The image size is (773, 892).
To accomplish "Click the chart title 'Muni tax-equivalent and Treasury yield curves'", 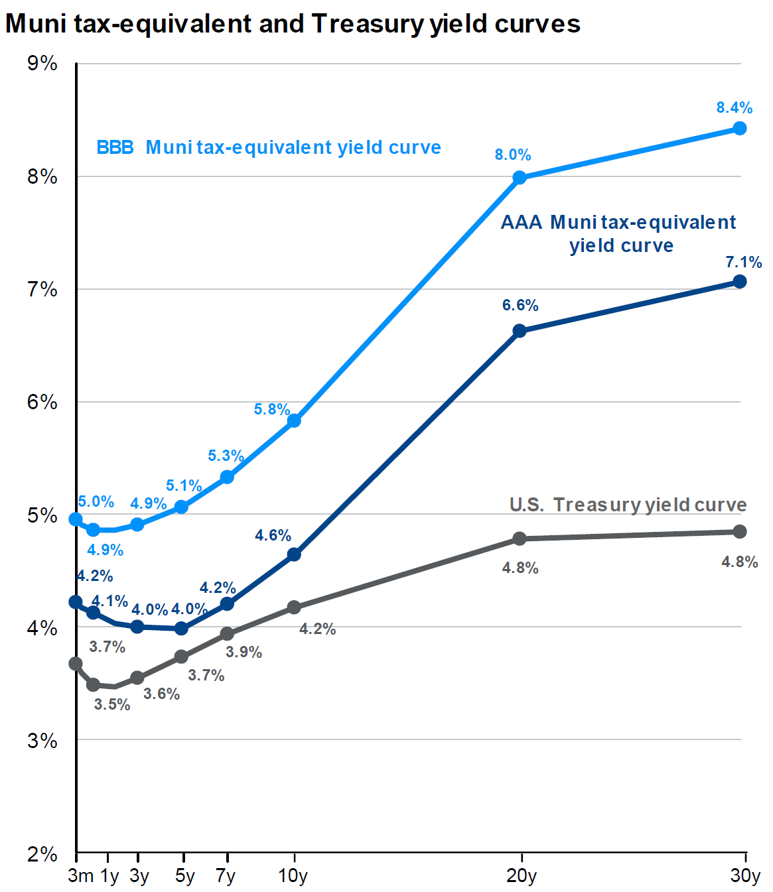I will point(293,24).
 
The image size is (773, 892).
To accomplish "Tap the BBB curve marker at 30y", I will point(739,128).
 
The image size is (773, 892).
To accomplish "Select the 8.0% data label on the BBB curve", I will point(513,155).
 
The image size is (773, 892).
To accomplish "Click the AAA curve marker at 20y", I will point(520,330).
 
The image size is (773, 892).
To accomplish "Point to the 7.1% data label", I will point(743,262).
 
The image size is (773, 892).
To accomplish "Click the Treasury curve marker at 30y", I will point(740,531).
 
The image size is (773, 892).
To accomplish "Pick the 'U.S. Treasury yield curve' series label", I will point(628,505).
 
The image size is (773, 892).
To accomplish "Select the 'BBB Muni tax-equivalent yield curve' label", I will point(269,147).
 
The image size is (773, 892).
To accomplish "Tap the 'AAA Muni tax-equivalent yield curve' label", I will point(618,233).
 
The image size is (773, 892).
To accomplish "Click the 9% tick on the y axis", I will point(42,64).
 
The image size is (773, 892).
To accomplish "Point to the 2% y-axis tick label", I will point(42,854).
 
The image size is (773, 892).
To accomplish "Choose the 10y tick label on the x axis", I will point(293,875).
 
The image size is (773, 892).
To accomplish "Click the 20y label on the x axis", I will point(521,875).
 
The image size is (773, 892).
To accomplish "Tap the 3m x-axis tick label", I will point(80,875).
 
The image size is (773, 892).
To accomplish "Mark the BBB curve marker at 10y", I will point(294,420).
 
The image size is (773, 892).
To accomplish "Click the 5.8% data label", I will point(272,409).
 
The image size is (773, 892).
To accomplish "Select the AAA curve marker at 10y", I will point(294,554).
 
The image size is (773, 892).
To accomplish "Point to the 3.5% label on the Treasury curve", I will point(112,704).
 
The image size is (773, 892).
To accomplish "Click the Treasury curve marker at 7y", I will point(227,633).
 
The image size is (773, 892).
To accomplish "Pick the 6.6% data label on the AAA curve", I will point(520,305).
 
